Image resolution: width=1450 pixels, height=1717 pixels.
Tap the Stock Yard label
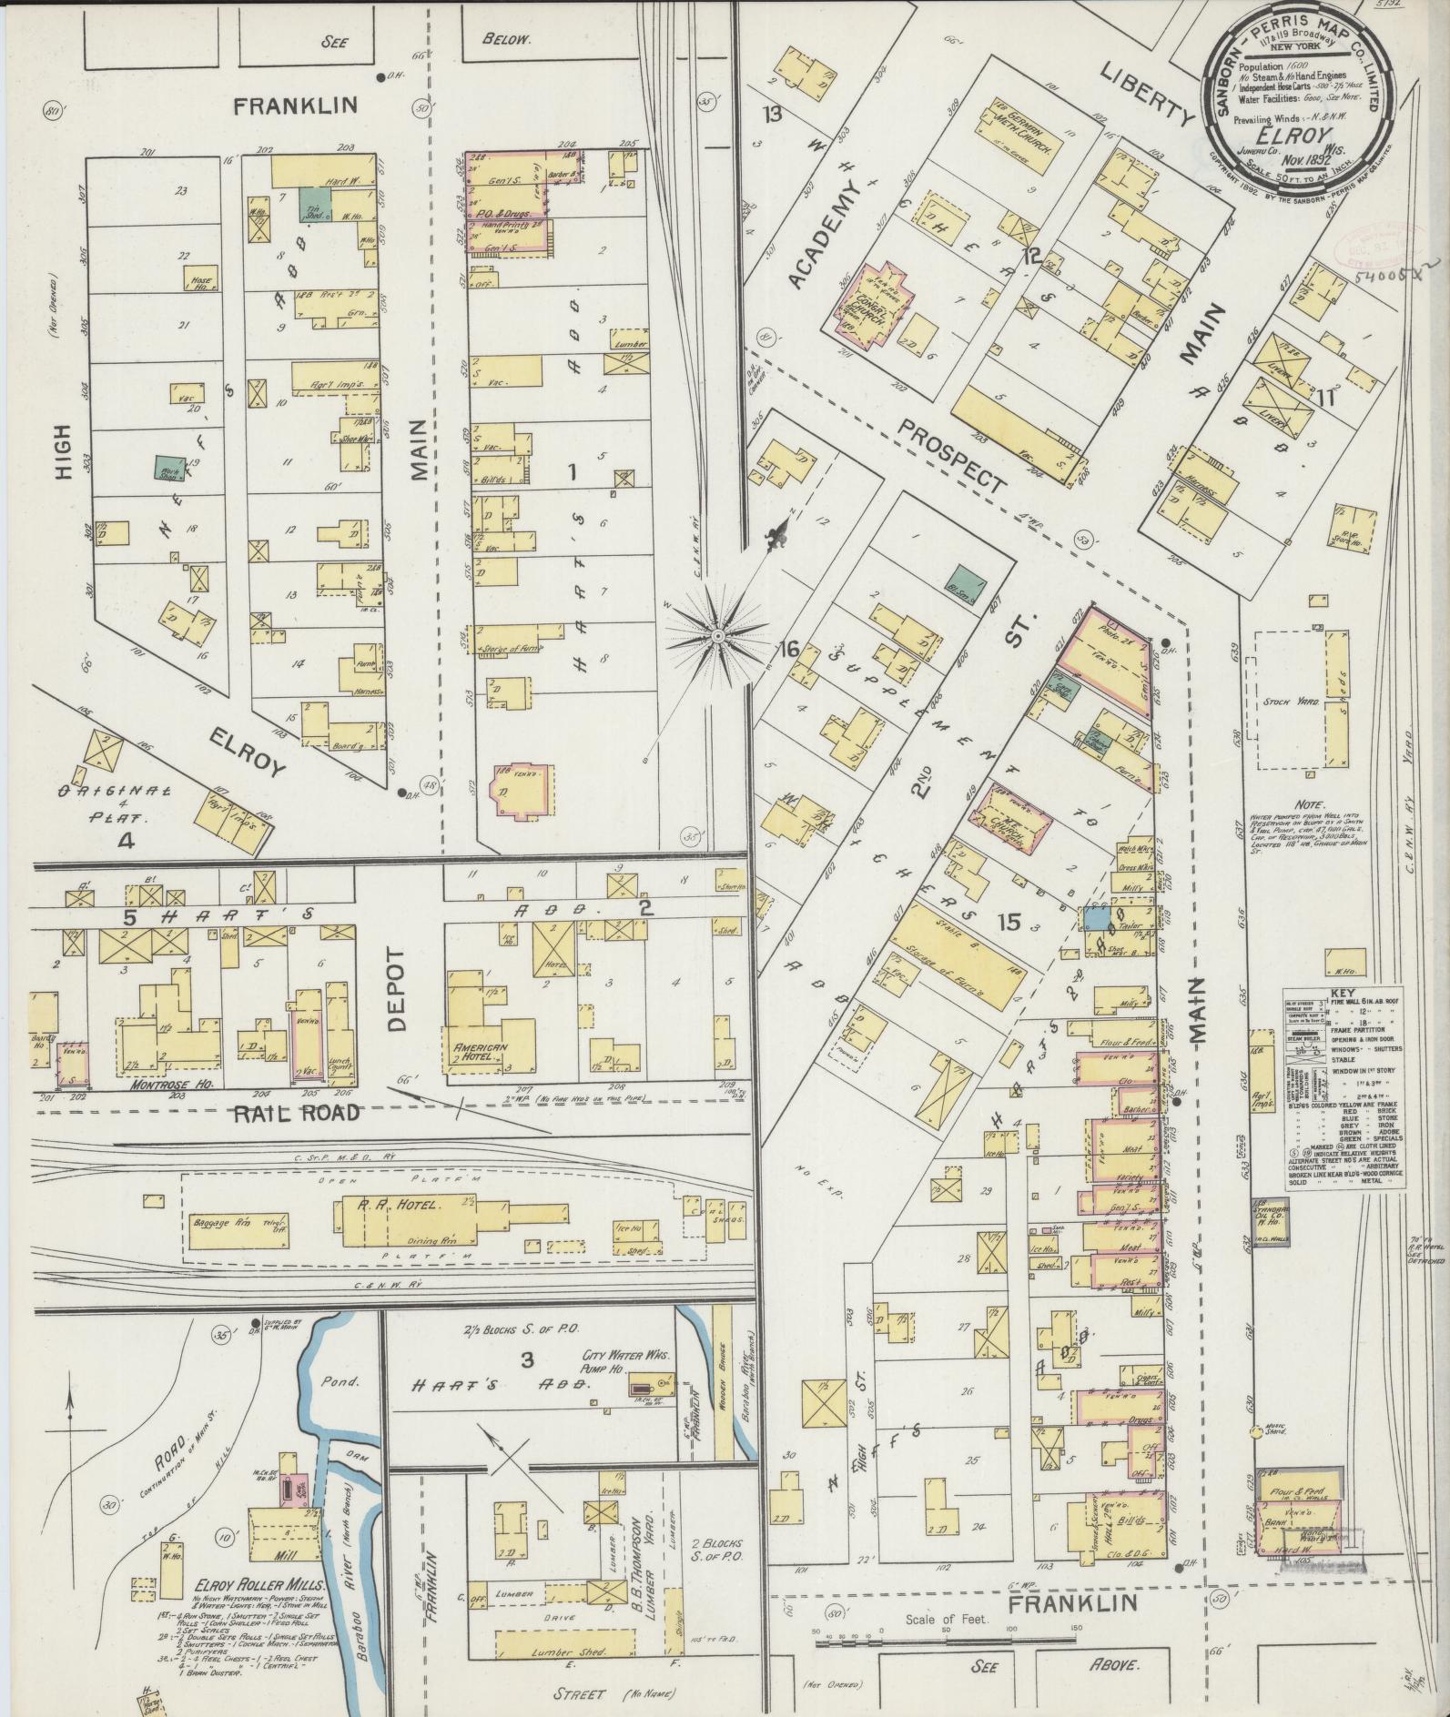coord(1285,702)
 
